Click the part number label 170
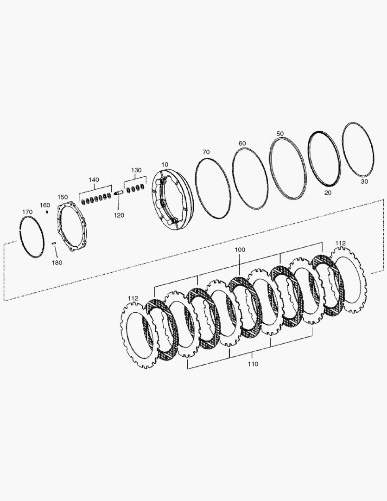[27, 212]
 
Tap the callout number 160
[44, 205]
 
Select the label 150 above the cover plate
[62, 197]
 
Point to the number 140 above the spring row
[94, 180]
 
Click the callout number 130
[136, 170]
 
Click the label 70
[206, 152]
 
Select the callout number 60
[242, 143]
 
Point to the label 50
[279, 134]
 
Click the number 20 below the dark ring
[328, 192]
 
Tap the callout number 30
[364, 182]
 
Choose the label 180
[57, 263]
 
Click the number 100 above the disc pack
[240, 250]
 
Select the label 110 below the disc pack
[252, 365]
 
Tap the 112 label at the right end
[341, 243]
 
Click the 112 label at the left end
[133, 298]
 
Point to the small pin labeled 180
[54, 243]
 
